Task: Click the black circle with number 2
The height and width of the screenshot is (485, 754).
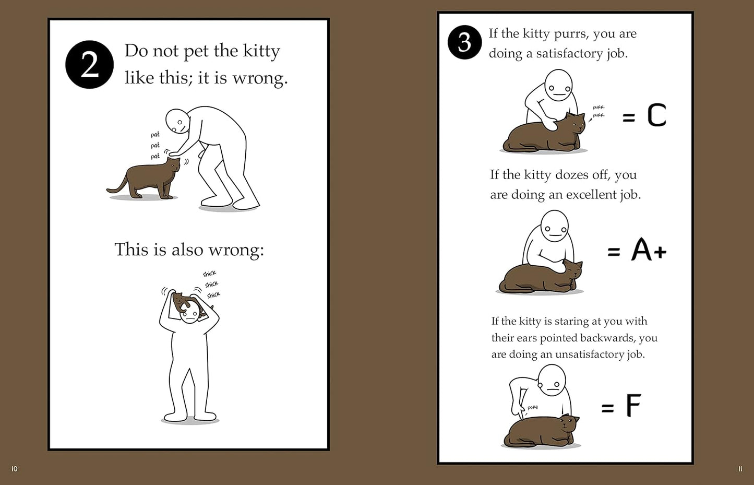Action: pos(89,65)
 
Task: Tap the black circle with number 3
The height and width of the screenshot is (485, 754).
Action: pos(464,42)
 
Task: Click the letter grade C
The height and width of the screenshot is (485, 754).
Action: pos(656,115)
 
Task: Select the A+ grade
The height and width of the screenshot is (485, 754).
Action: pos(649,250)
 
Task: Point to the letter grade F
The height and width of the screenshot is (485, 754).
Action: pos(633,406)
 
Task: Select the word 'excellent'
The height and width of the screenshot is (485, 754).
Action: pos(591,195)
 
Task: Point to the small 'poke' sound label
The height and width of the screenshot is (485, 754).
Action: pos(532,407)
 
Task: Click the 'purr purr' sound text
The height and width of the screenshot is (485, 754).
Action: pos(598,111)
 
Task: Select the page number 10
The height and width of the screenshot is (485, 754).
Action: pos(14,469)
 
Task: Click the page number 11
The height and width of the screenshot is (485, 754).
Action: pos(740,469)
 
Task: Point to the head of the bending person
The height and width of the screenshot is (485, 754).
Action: pos(177,121)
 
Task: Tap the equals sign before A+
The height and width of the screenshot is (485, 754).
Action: pos(614,252)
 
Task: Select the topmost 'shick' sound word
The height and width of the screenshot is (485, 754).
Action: pos(209,274)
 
